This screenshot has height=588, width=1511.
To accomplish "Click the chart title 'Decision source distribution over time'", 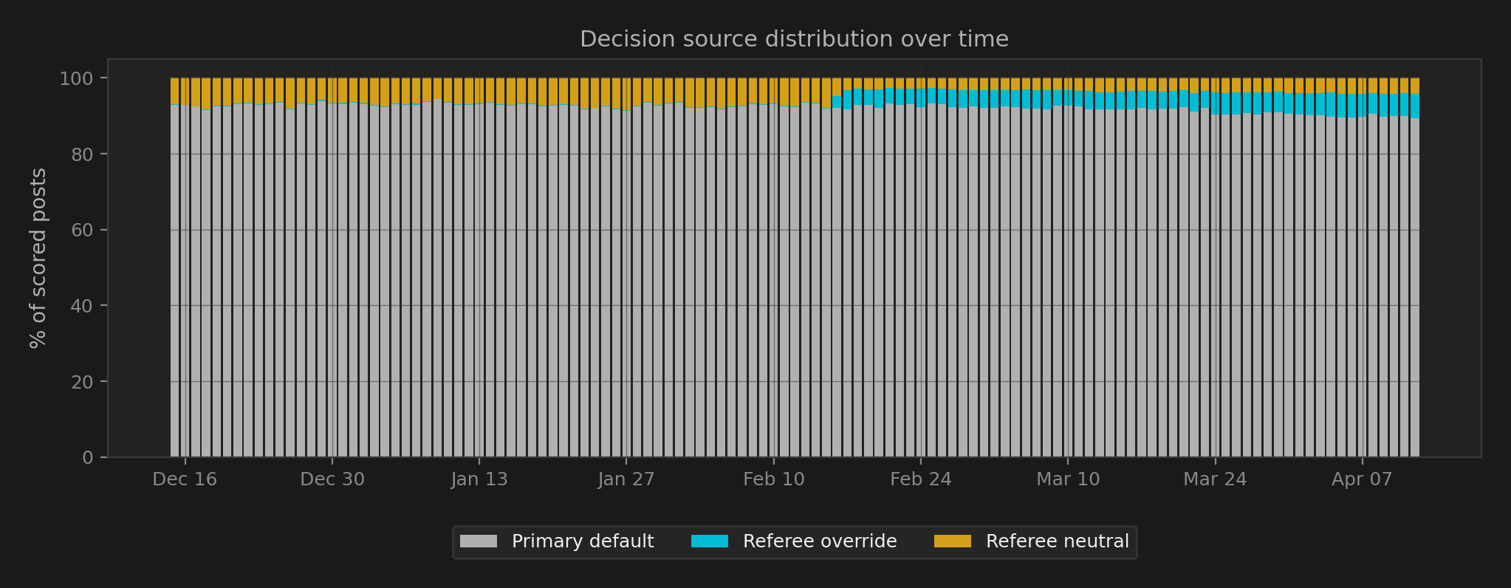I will tap(794, 39).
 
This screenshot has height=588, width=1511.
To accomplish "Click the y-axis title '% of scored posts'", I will tap(38, 258).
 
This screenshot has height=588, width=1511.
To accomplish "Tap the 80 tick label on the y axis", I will tap(83, 154).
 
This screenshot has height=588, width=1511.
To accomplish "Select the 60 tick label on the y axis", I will tap(83, 230).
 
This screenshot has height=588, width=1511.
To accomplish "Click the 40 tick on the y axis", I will tap(83, 306).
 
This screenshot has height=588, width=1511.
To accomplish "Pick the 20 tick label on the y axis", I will tap(83, 382).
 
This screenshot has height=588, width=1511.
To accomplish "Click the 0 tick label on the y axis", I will tap(88, 458).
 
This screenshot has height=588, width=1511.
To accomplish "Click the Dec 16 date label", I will tap(185, 479).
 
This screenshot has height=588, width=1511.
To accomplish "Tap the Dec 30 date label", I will tap(332, 479).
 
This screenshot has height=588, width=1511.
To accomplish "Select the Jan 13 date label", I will tap(479, 479).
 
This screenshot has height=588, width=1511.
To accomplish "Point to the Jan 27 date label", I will tap(626, 479).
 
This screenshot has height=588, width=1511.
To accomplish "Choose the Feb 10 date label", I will tap(773, 479).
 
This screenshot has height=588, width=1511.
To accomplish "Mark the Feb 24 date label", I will tap(920, 479).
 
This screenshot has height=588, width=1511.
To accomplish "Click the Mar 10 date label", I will tap(1068, 479).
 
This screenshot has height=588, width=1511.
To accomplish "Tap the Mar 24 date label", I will tap(1215, 479).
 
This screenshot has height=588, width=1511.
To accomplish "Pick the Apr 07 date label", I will tap(1362, 479).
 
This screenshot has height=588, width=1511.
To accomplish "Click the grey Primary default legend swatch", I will tap(478, 541).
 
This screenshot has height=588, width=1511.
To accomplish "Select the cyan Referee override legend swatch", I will tap(709, 541).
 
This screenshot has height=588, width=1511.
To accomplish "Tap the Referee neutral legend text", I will tap(1057, 541).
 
